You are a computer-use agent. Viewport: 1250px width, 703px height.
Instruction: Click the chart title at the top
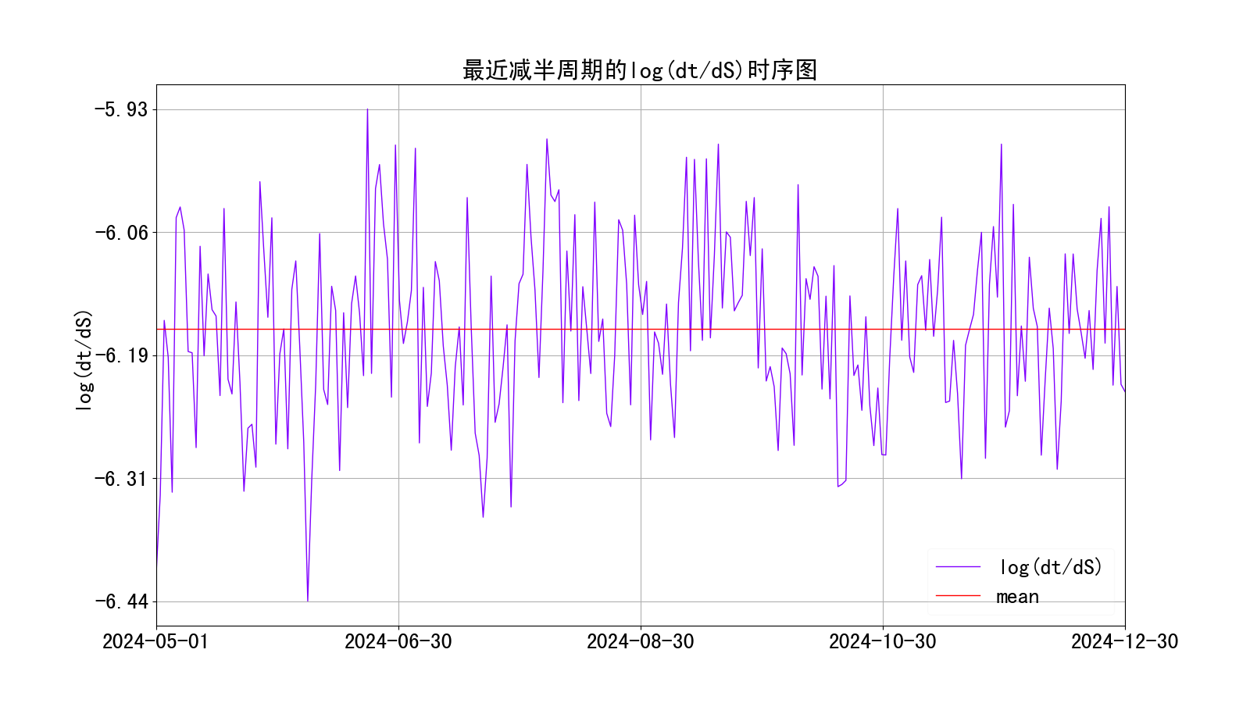point(640,70)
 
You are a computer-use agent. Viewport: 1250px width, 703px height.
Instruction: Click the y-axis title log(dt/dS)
point(84,360)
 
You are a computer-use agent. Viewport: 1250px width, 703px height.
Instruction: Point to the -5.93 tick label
point(121,109)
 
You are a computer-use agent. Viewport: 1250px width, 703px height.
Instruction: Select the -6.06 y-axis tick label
point(121,233)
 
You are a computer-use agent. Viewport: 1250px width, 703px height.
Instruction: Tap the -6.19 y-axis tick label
point(121,355)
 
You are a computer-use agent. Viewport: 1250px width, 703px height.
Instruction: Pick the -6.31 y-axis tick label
point(121,479)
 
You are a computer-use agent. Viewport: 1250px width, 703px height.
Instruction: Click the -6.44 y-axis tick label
point(121,601)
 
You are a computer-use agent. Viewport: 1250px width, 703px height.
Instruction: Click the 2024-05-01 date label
point(156,641)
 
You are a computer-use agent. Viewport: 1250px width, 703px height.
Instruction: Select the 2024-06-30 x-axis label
point(398,641)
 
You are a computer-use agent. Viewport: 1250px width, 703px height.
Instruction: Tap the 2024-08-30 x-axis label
point(641,641)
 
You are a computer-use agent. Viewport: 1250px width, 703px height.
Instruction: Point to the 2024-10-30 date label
point(883,641)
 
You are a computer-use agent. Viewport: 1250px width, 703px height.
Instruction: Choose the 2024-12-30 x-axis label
point(1124,641)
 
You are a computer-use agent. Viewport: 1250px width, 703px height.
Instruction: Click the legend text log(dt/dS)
point(1051,567)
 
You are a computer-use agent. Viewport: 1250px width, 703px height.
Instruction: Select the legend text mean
point(1017,597)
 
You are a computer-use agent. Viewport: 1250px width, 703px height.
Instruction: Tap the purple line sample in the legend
point(958,567)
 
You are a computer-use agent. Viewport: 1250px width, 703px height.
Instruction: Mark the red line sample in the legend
point(958,596)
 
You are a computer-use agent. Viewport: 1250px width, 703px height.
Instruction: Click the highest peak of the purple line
point(367,109)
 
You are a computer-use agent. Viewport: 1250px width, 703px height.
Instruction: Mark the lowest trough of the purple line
point(308,601)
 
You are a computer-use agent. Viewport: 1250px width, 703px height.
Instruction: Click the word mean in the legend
point(1017,597)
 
